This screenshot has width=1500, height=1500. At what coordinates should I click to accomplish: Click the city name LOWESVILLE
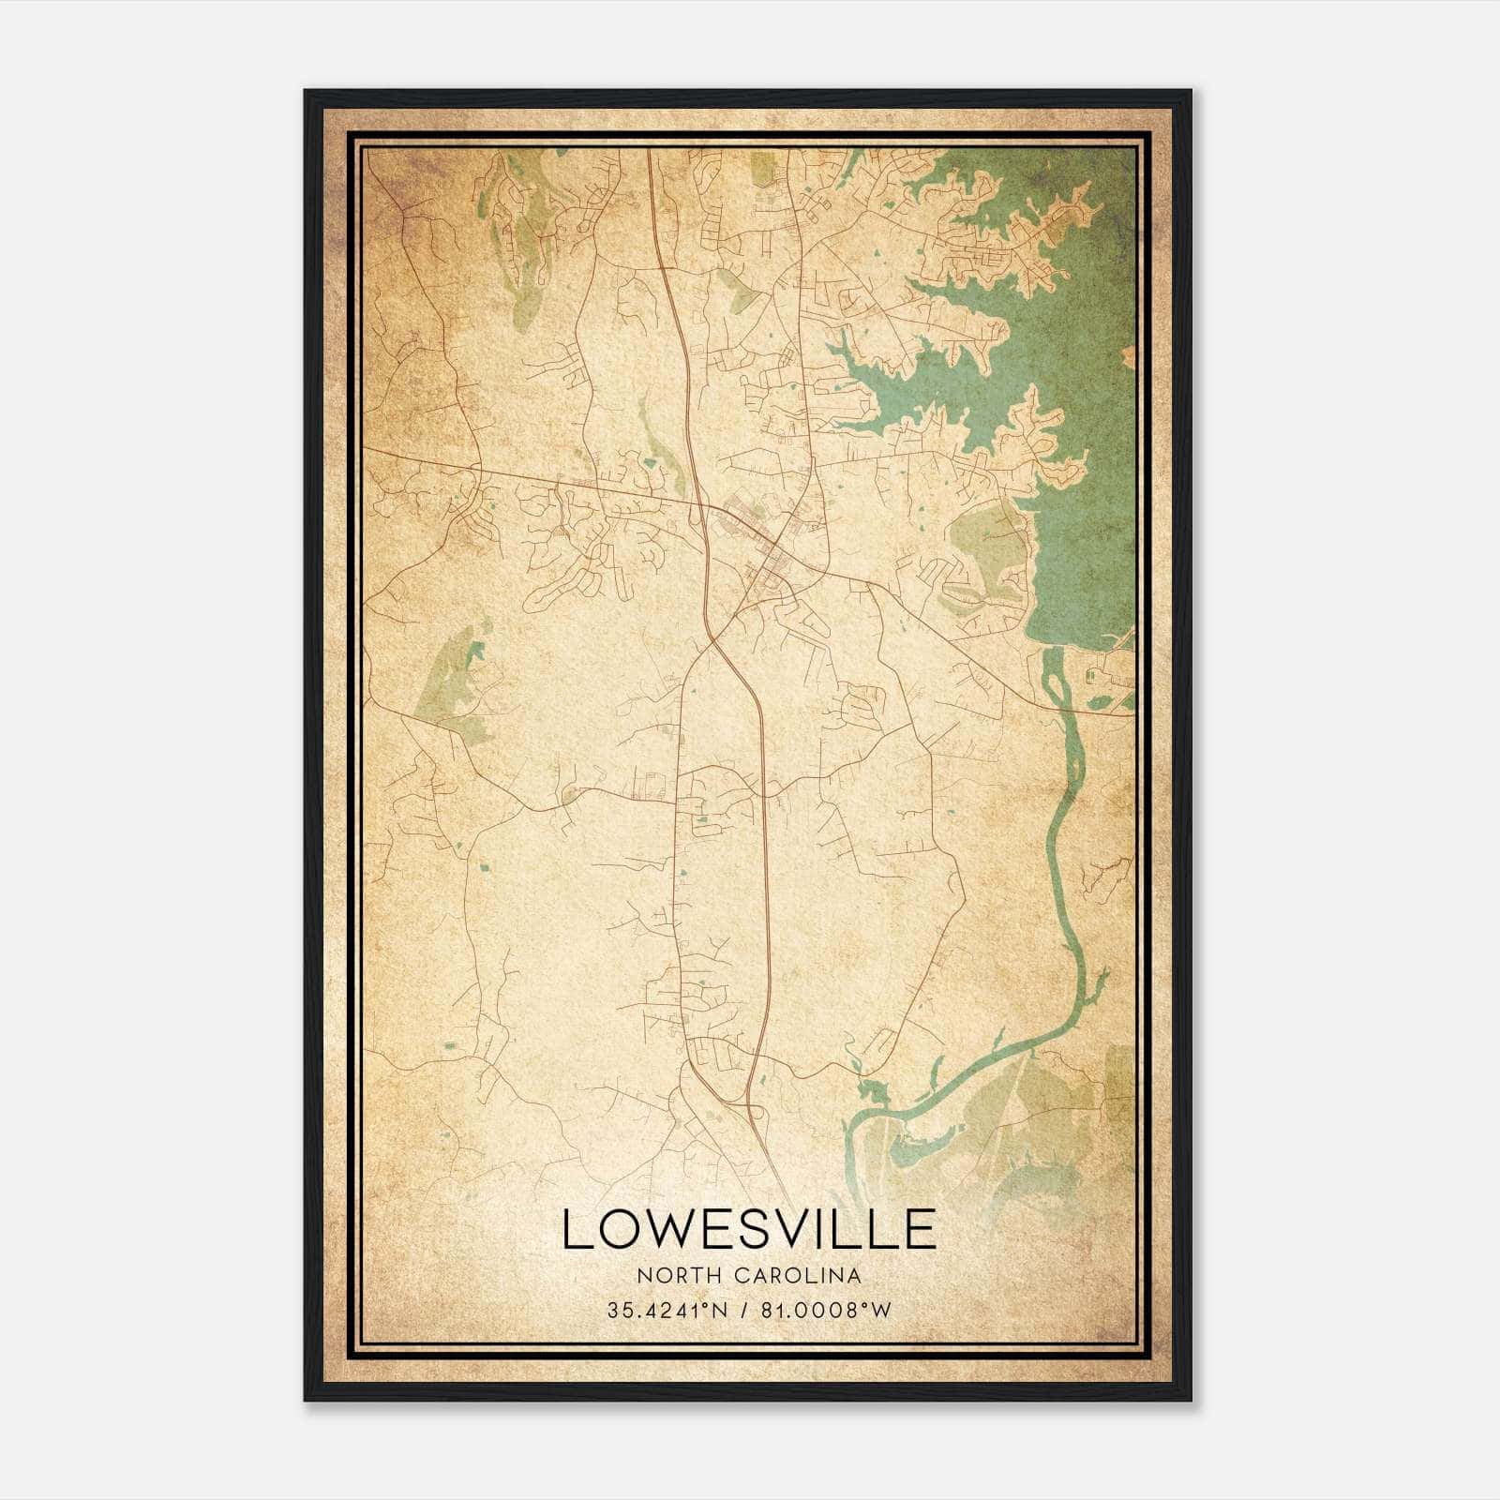pos(748,1229)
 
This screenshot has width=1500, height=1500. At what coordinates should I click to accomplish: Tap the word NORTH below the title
pos(667,1276)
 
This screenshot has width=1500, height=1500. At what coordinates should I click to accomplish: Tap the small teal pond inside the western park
pos(475,653)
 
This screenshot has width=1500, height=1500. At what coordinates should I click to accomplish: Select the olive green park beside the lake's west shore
pos(984,544)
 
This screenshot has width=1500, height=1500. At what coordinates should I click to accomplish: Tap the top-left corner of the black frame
pos(306,91)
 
